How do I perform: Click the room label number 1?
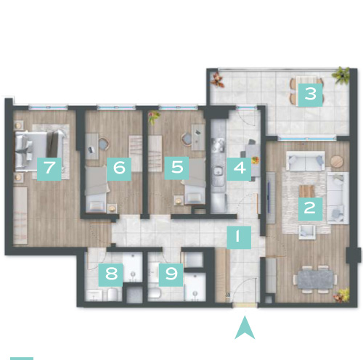(239, 237)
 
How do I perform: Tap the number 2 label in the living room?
(310, 209)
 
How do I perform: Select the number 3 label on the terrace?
(311, 95)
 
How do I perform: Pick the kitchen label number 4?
(239, 168)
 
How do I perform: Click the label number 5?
(176, 168)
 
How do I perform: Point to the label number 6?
(119, 169)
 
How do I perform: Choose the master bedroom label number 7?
(49, 168)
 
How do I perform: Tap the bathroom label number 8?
(111, 275)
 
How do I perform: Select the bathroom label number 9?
(171, 275)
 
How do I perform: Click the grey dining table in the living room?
(315, 279)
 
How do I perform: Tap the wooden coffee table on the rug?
(307, 191)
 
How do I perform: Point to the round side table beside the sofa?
(337, 160)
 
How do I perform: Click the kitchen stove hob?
(219, 145)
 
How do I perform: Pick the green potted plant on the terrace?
(341, 75)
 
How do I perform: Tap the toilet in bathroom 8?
(113, 295)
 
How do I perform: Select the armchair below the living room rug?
(307, 232)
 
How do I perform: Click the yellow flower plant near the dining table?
(342, 295)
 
